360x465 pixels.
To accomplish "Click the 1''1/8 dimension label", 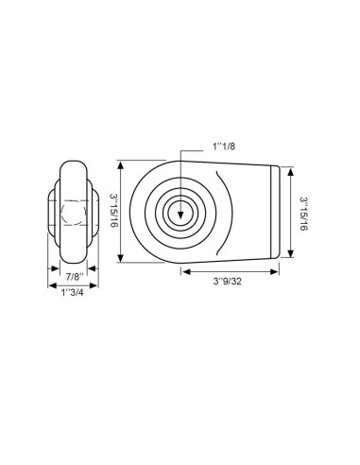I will click(218, 146).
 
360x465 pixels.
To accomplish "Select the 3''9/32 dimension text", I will click(230, 281).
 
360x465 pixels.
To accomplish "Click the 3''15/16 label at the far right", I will click(305, 214).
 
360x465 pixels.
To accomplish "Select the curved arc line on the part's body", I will click(223, 214).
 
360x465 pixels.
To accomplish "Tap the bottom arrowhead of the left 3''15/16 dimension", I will click(123, 261).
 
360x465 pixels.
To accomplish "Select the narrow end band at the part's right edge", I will click(277, 214).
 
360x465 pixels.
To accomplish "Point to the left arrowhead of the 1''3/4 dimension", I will click(51, 284).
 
